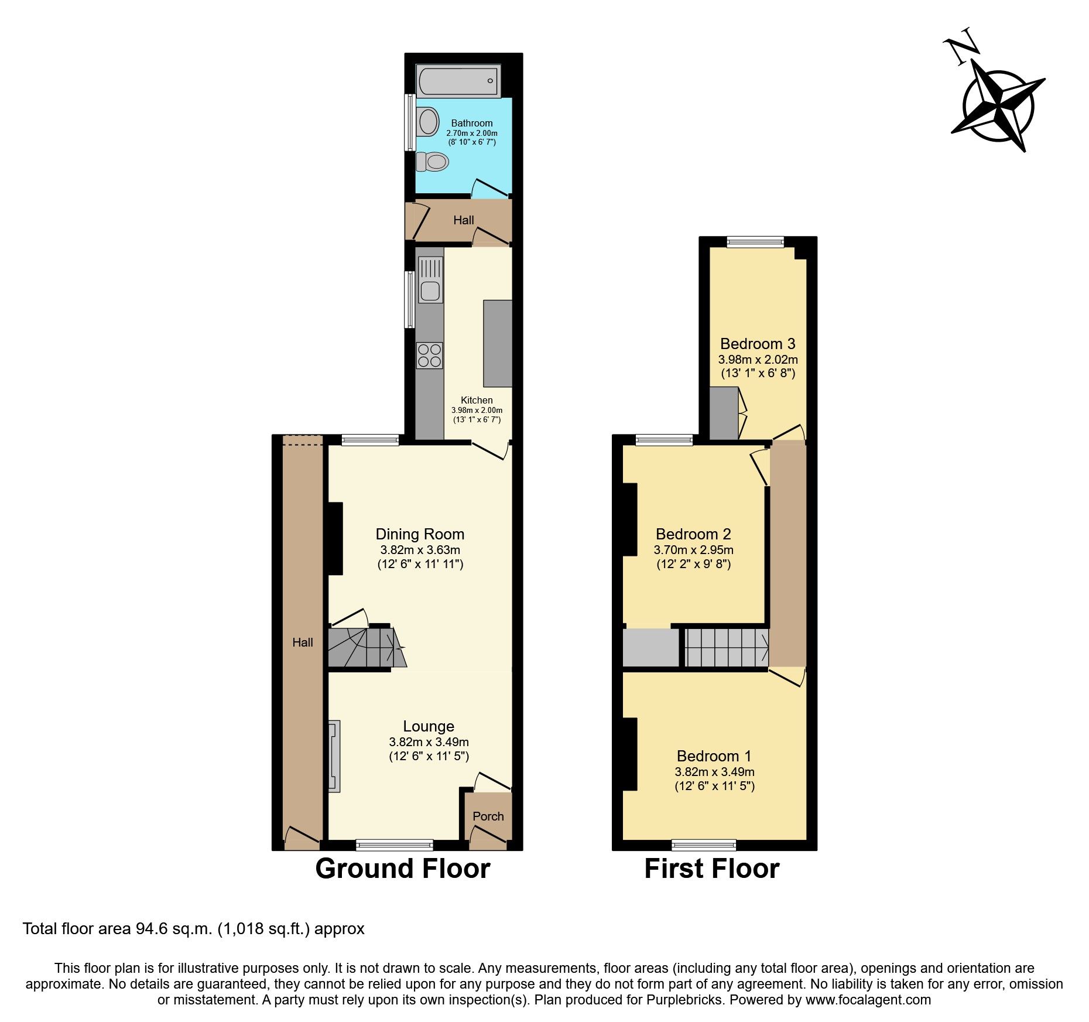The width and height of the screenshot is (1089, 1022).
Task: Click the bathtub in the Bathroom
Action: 458,81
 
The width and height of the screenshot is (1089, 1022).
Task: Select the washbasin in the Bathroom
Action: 428,122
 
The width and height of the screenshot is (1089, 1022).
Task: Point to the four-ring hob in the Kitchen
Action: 429,356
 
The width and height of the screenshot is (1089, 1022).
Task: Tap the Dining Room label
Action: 420,534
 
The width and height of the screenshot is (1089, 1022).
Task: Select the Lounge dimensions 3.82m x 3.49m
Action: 429,742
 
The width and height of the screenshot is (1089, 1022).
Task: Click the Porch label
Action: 488,816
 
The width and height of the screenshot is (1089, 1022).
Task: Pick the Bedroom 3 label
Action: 758,344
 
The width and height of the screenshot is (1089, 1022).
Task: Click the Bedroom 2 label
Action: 693,534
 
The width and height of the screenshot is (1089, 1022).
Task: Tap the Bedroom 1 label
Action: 714,756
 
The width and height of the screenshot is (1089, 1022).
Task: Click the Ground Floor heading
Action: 402,869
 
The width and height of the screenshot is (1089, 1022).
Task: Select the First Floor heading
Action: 711,869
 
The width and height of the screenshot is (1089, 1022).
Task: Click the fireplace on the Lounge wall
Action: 334,756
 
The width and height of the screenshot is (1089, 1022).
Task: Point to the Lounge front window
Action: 394,845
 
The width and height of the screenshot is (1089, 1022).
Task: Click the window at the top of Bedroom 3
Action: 755,242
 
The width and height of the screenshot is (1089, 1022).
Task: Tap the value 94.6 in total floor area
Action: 151,929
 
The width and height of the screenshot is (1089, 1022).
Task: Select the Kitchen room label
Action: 477,400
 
